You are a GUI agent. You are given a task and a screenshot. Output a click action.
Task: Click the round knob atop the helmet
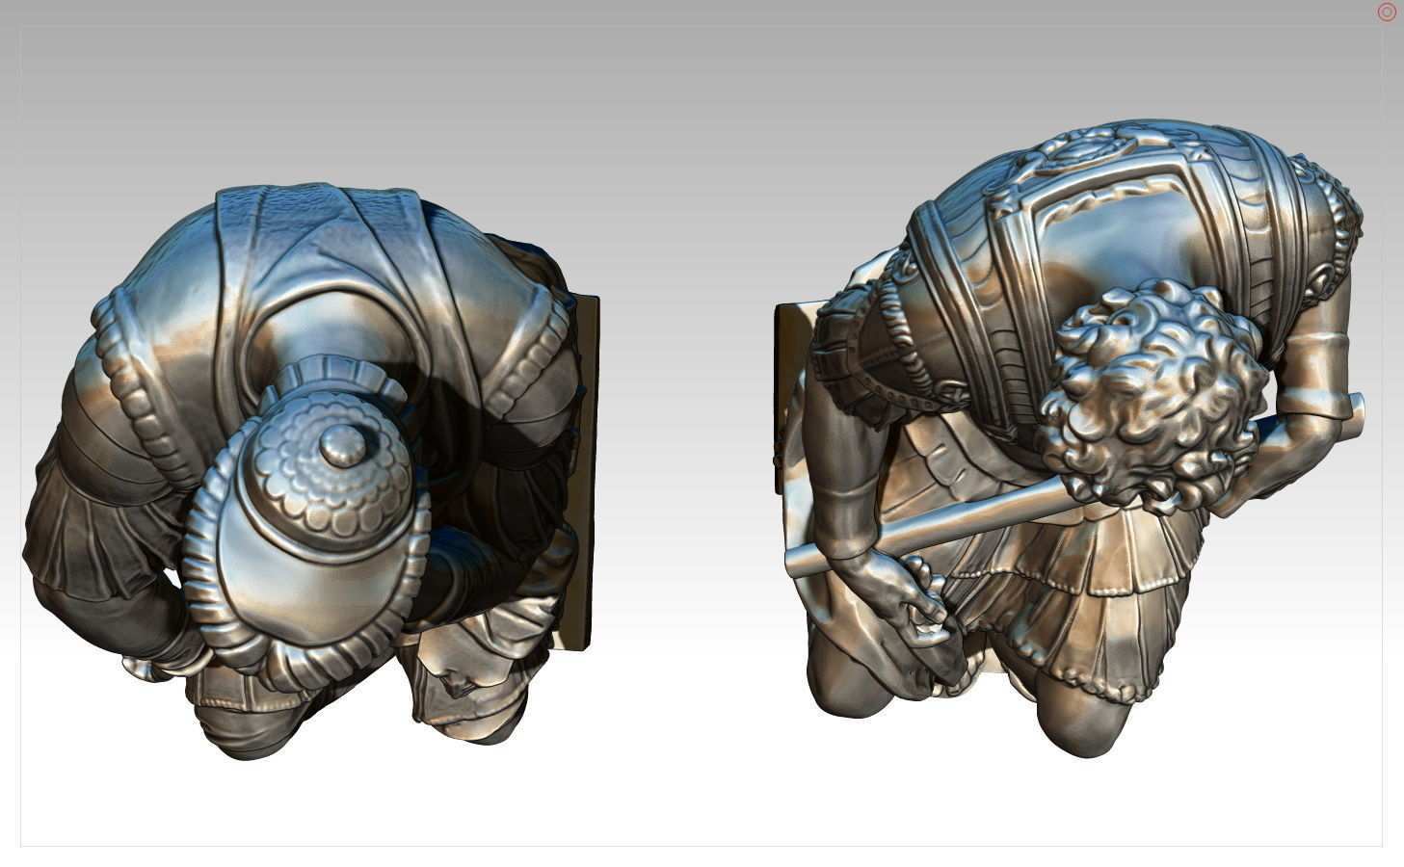click(x=342, y=446)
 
